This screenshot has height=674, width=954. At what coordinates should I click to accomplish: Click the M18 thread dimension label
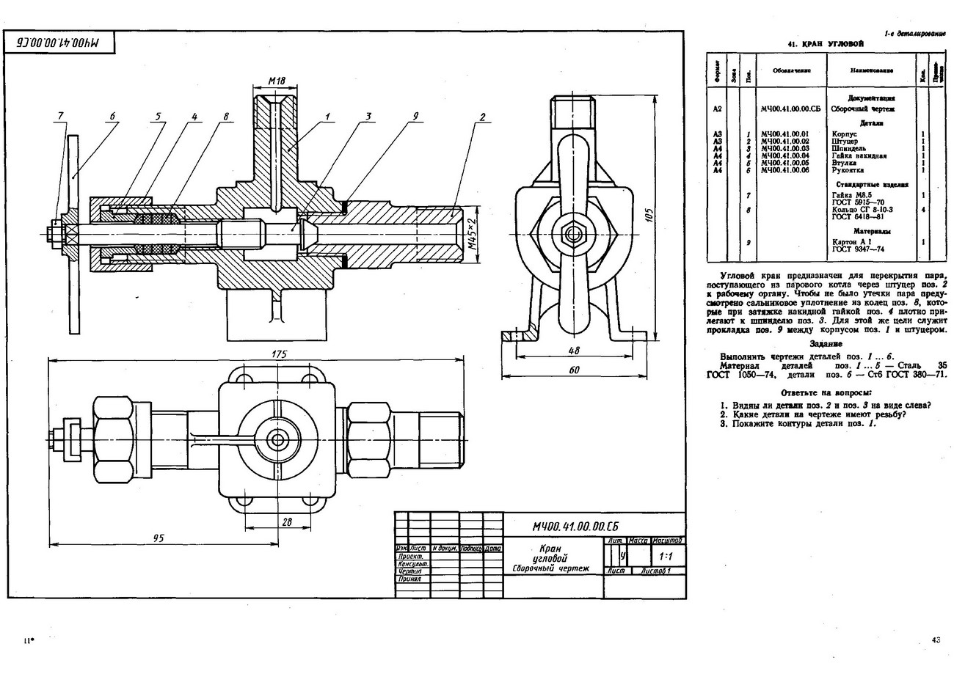tap(276, 81)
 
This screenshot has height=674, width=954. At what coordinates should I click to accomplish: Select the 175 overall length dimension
tap(278, 354)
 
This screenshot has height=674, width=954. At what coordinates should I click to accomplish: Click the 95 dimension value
tap(158, 538)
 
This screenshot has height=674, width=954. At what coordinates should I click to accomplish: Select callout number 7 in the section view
tap(62, 115)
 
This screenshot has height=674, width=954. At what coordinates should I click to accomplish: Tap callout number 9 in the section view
tap(415, 116)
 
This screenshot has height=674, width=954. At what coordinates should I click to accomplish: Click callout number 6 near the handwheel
tap(113, 115)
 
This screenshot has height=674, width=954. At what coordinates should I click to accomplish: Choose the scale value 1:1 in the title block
tap(666, 557)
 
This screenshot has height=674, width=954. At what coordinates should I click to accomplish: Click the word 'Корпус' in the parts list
tap(843, 134)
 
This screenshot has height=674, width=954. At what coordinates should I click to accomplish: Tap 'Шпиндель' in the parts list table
tap(848, 148)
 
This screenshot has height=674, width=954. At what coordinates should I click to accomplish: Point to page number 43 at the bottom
tap(936, 640)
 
